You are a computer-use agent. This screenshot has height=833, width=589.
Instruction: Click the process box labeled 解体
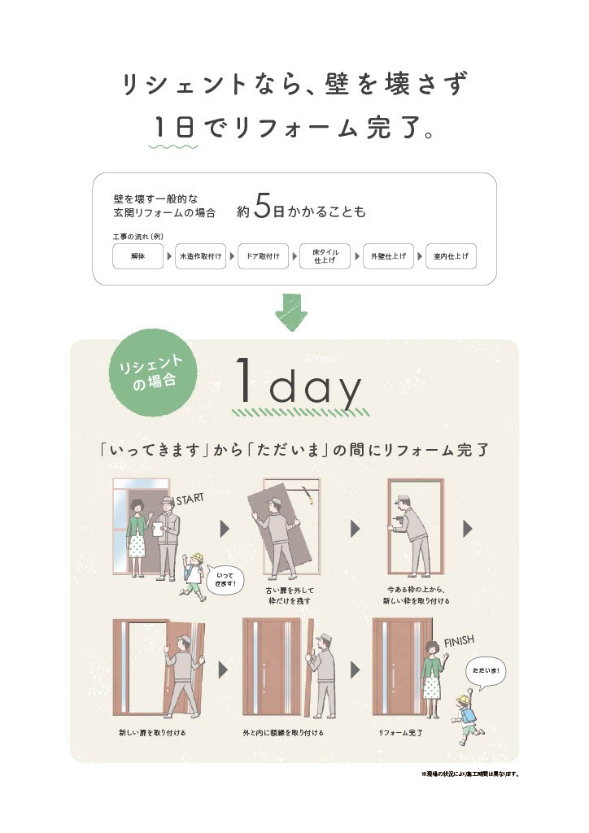137,256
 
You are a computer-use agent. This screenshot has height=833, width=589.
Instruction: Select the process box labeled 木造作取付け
200,256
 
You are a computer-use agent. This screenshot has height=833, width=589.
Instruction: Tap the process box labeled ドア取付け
263,256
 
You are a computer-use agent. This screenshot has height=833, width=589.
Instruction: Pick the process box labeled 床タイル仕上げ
325,256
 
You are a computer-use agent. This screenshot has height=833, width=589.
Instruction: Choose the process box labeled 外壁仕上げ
388,256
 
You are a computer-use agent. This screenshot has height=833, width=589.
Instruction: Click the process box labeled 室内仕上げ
451,256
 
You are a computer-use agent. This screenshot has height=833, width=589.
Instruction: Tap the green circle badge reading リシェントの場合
154,373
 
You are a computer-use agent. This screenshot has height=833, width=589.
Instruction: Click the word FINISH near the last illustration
458,641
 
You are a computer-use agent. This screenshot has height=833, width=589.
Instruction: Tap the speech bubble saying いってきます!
225,578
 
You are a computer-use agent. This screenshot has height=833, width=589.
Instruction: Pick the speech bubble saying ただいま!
486,672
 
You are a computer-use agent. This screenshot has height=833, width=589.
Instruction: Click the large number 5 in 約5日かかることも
261,208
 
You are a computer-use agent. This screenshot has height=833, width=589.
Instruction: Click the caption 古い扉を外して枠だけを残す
289,595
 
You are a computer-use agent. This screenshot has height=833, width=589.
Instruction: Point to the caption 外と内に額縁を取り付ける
283,733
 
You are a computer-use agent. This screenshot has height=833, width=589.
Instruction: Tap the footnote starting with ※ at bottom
469,774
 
